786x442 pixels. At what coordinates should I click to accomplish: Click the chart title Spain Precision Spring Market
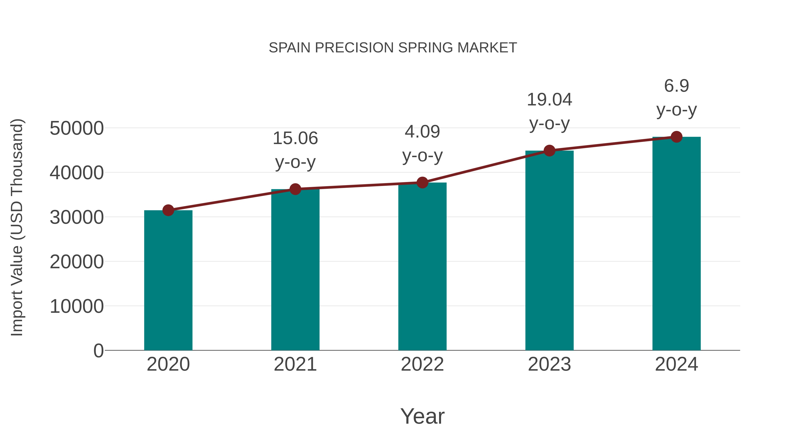[x=393, y=48]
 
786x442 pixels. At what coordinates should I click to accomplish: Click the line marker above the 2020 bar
[x=168, y=210]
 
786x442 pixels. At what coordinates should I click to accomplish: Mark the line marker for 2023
[x=549, y=151]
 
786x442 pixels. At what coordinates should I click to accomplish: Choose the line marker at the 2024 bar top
[x=676, y=137]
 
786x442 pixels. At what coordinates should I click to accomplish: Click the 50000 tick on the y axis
[x=77, y=128]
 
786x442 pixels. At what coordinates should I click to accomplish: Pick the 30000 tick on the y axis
[x=77, y=217]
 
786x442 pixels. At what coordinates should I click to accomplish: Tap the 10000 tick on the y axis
[x=77, y=306]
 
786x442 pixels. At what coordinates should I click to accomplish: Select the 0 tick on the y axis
[x=98, y=351]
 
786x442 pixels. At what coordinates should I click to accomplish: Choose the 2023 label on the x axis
[x=549, y=364]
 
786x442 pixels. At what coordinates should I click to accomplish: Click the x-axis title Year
[x=422, y=416]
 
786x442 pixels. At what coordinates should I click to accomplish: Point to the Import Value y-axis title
[x=17, y=227]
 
